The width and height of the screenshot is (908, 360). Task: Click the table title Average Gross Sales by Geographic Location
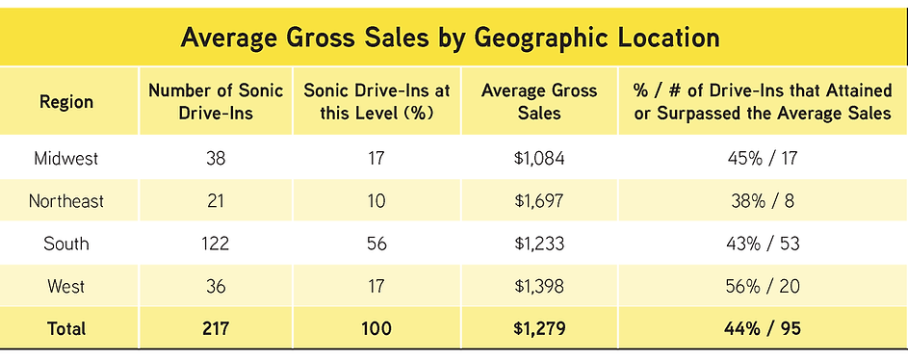point(451,39)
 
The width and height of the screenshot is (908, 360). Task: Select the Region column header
point(66,102)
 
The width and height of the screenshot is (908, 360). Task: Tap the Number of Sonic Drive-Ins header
point(215,101)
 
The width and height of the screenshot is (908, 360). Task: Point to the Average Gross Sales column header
point(539,101)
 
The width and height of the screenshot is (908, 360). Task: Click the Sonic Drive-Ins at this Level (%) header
point(376,101)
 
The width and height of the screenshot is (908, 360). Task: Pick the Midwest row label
point(66,158)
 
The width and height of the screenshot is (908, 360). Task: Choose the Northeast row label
point(66,201)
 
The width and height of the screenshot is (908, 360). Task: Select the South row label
point(66,244)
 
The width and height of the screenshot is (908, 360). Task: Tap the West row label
point(66,286)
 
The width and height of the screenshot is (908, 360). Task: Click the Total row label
point(66,328)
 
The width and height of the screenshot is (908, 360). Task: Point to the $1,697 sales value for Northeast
point(539,201)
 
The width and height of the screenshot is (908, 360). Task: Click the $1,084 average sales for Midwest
point(539,158)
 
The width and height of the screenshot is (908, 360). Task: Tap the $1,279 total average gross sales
point(539,328)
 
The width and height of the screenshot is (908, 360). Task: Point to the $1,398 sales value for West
point(539,286)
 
